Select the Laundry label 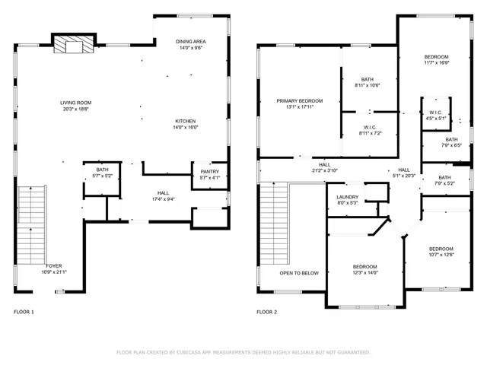pos(348,199)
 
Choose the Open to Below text pos(299,273)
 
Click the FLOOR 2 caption pos(266,313)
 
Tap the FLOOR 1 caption pos(24,313)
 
